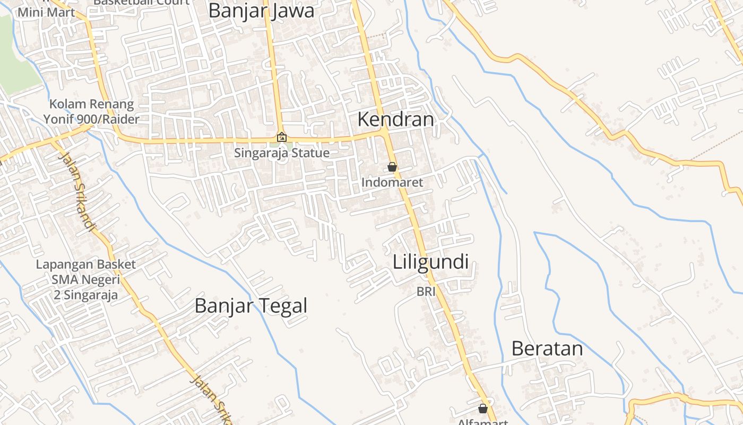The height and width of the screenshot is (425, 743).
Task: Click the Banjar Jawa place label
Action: click(x=261, y=11)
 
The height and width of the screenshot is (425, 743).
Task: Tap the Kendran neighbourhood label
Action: click(x=395, y=120)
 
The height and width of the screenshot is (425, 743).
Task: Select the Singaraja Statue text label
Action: click(x=282, y=153)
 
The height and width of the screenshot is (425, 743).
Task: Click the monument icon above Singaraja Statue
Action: click(x=282, y=137)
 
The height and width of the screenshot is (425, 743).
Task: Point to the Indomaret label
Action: click(x=392, y=183)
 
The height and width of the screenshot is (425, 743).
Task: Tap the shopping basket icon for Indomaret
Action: click(x=392, y=167)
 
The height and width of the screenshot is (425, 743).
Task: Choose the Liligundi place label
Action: click(x=430, y=262)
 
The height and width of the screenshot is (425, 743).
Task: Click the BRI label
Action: click(x=426, y=291)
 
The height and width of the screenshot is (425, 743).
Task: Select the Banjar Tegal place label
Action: click(x=251, y=306)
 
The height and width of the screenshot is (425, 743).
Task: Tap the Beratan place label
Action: click(x=547, y=348)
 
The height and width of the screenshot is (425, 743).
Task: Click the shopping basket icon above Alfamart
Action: click(x=483, y=409)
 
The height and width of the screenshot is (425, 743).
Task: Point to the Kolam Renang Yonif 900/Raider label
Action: click(x=91, y=112)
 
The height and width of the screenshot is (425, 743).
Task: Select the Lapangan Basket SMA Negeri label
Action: click(x=85, y=279)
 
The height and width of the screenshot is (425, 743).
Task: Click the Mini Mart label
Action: click(x=46, y=11)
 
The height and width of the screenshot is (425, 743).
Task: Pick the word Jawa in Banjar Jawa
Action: click(x=292, y=11)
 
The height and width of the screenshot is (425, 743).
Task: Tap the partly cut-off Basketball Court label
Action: click(x=141, y=2)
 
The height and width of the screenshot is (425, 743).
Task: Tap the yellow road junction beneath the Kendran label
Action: click(x=385, y=133)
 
